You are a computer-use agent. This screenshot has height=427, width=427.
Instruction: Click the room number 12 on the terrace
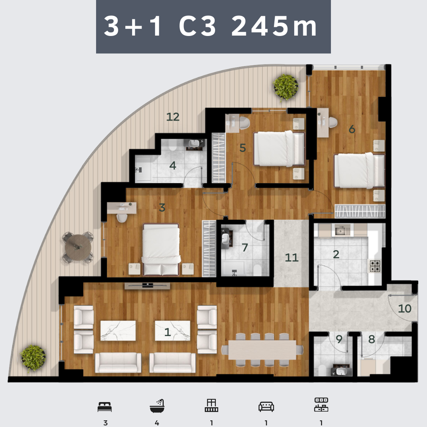173,117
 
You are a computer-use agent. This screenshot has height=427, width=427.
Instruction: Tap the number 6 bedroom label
352,129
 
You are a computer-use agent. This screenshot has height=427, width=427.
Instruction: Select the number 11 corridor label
292,257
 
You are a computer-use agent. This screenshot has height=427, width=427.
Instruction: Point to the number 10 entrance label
404,308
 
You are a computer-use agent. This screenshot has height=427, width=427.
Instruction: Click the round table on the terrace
78,248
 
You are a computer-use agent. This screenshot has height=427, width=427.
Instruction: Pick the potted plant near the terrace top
286,87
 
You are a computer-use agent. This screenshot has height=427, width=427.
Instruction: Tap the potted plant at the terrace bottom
33,358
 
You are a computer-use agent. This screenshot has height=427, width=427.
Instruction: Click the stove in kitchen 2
375,266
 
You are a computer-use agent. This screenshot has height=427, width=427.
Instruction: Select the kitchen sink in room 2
340,231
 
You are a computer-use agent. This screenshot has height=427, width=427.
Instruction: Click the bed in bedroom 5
279,149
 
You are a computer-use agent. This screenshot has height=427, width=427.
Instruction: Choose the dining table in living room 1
262,350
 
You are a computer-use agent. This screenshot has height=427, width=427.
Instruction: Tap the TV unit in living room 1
147,286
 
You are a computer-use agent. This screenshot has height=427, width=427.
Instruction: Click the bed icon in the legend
104,407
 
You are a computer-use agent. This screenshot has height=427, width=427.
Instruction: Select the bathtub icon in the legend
157,406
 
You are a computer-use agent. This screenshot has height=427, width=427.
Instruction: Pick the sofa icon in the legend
266,407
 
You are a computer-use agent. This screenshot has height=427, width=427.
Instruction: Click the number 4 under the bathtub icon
157,423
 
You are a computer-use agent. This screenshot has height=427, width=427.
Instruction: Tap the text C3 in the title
197,26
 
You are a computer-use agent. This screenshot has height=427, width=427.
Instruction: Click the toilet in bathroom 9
322,370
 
